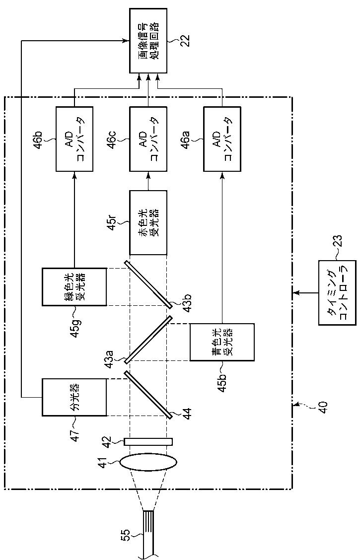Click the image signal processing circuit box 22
[x=148, y=41]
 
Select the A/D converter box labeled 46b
[x=74, y=138]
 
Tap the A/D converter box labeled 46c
[x=148, y=138]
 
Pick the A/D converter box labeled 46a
[x=222, y=138]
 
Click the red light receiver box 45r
[x=148, y=222]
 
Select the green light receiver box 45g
[x=74, y=287]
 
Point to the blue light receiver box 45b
[x=222, y=342]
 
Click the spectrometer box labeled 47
[x=74, y=397]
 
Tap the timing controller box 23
[x=337, y=292]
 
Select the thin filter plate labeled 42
[x=148, y=442]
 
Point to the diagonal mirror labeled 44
[x=148, y=394]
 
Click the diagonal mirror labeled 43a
[x=148, y=339]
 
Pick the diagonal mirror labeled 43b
[x=148, y=284]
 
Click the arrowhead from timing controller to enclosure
[x=294, y=292]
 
